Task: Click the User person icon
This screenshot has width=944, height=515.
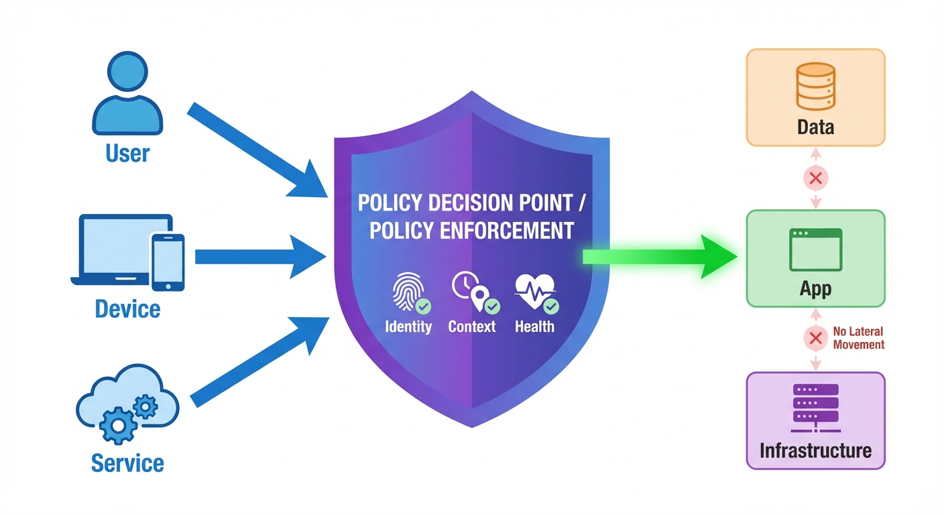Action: (x=127, y=95)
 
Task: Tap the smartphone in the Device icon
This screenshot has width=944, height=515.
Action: (x=168, y=262)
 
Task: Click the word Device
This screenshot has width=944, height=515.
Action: (x=127, y=309)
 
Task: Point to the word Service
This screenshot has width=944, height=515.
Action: (x=127, y=463)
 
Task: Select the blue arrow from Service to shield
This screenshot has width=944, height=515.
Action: (x=261, y=362)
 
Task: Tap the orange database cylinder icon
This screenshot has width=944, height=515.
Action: (x=815, y=87)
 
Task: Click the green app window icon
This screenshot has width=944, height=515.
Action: (x=815, y=249)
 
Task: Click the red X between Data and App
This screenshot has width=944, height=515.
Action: (x=816, y=178)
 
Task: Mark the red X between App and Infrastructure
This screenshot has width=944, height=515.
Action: (x=816, y=338)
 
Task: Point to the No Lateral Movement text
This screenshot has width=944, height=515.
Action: (x=858, y=338)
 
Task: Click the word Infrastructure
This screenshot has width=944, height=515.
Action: (x=815, y=449)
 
